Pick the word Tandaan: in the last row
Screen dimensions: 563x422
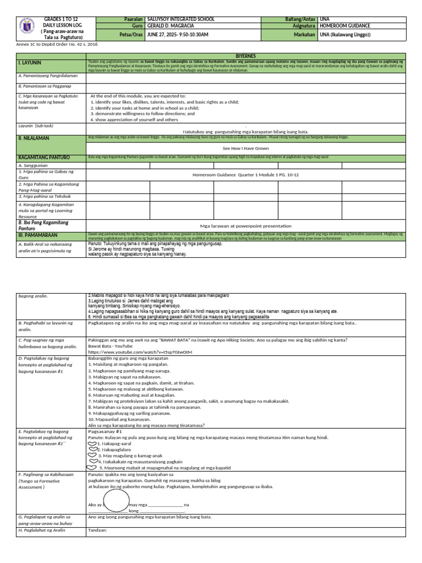tap(97, 531)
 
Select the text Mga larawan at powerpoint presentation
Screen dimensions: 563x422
tap(245, 225)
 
